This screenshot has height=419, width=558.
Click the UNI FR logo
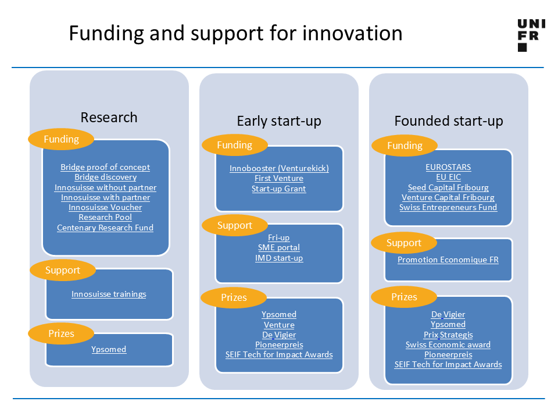(x=531, y=35)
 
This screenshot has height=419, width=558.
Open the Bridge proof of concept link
(x=105, y=167)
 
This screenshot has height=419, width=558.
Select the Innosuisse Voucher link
(x=105, y=207)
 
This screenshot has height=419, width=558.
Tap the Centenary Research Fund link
(x=105, y=228)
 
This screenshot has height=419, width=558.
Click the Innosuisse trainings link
(x=109, y=294)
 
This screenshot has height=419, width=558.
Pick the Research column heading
(x=109, y=117)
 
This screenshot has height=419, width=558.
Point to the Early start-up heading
(x=279, y=121)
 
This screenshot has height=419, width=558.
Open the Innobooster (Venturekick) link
(x=279, y=168)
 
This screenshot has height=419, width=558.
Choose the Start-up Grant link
(x=278, y=189)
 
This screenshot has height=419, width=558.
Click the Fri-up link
(x=278, y=237)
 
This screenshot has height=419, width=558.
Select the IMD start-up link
(x=279, y=258)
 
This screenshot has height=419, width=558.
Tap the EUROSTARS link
(x=448, y=167)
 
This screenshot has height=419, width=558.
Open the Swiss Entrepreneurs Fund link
(x=448, y=207)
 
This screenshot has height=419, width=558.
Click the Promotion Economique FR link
(x=448, y=260)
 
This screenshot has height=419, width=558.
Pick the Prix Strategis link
(x=448, y=335)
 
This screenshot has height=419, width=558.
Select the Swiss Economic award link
(x=448, y=345)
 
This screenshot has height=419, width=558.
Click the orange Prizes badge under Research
(x=61, y=333)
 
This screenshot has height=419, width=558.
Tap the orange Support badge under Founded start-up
(x=404, y=243)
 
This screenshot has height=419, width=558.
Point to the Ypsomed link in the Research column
(x=109, y=349)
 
